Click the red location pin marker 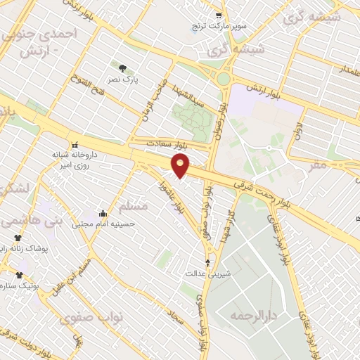tap(181, 166)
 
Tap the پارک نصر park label tap(121, 80)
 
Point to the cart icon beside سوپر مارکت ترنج tap(219, 15)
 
